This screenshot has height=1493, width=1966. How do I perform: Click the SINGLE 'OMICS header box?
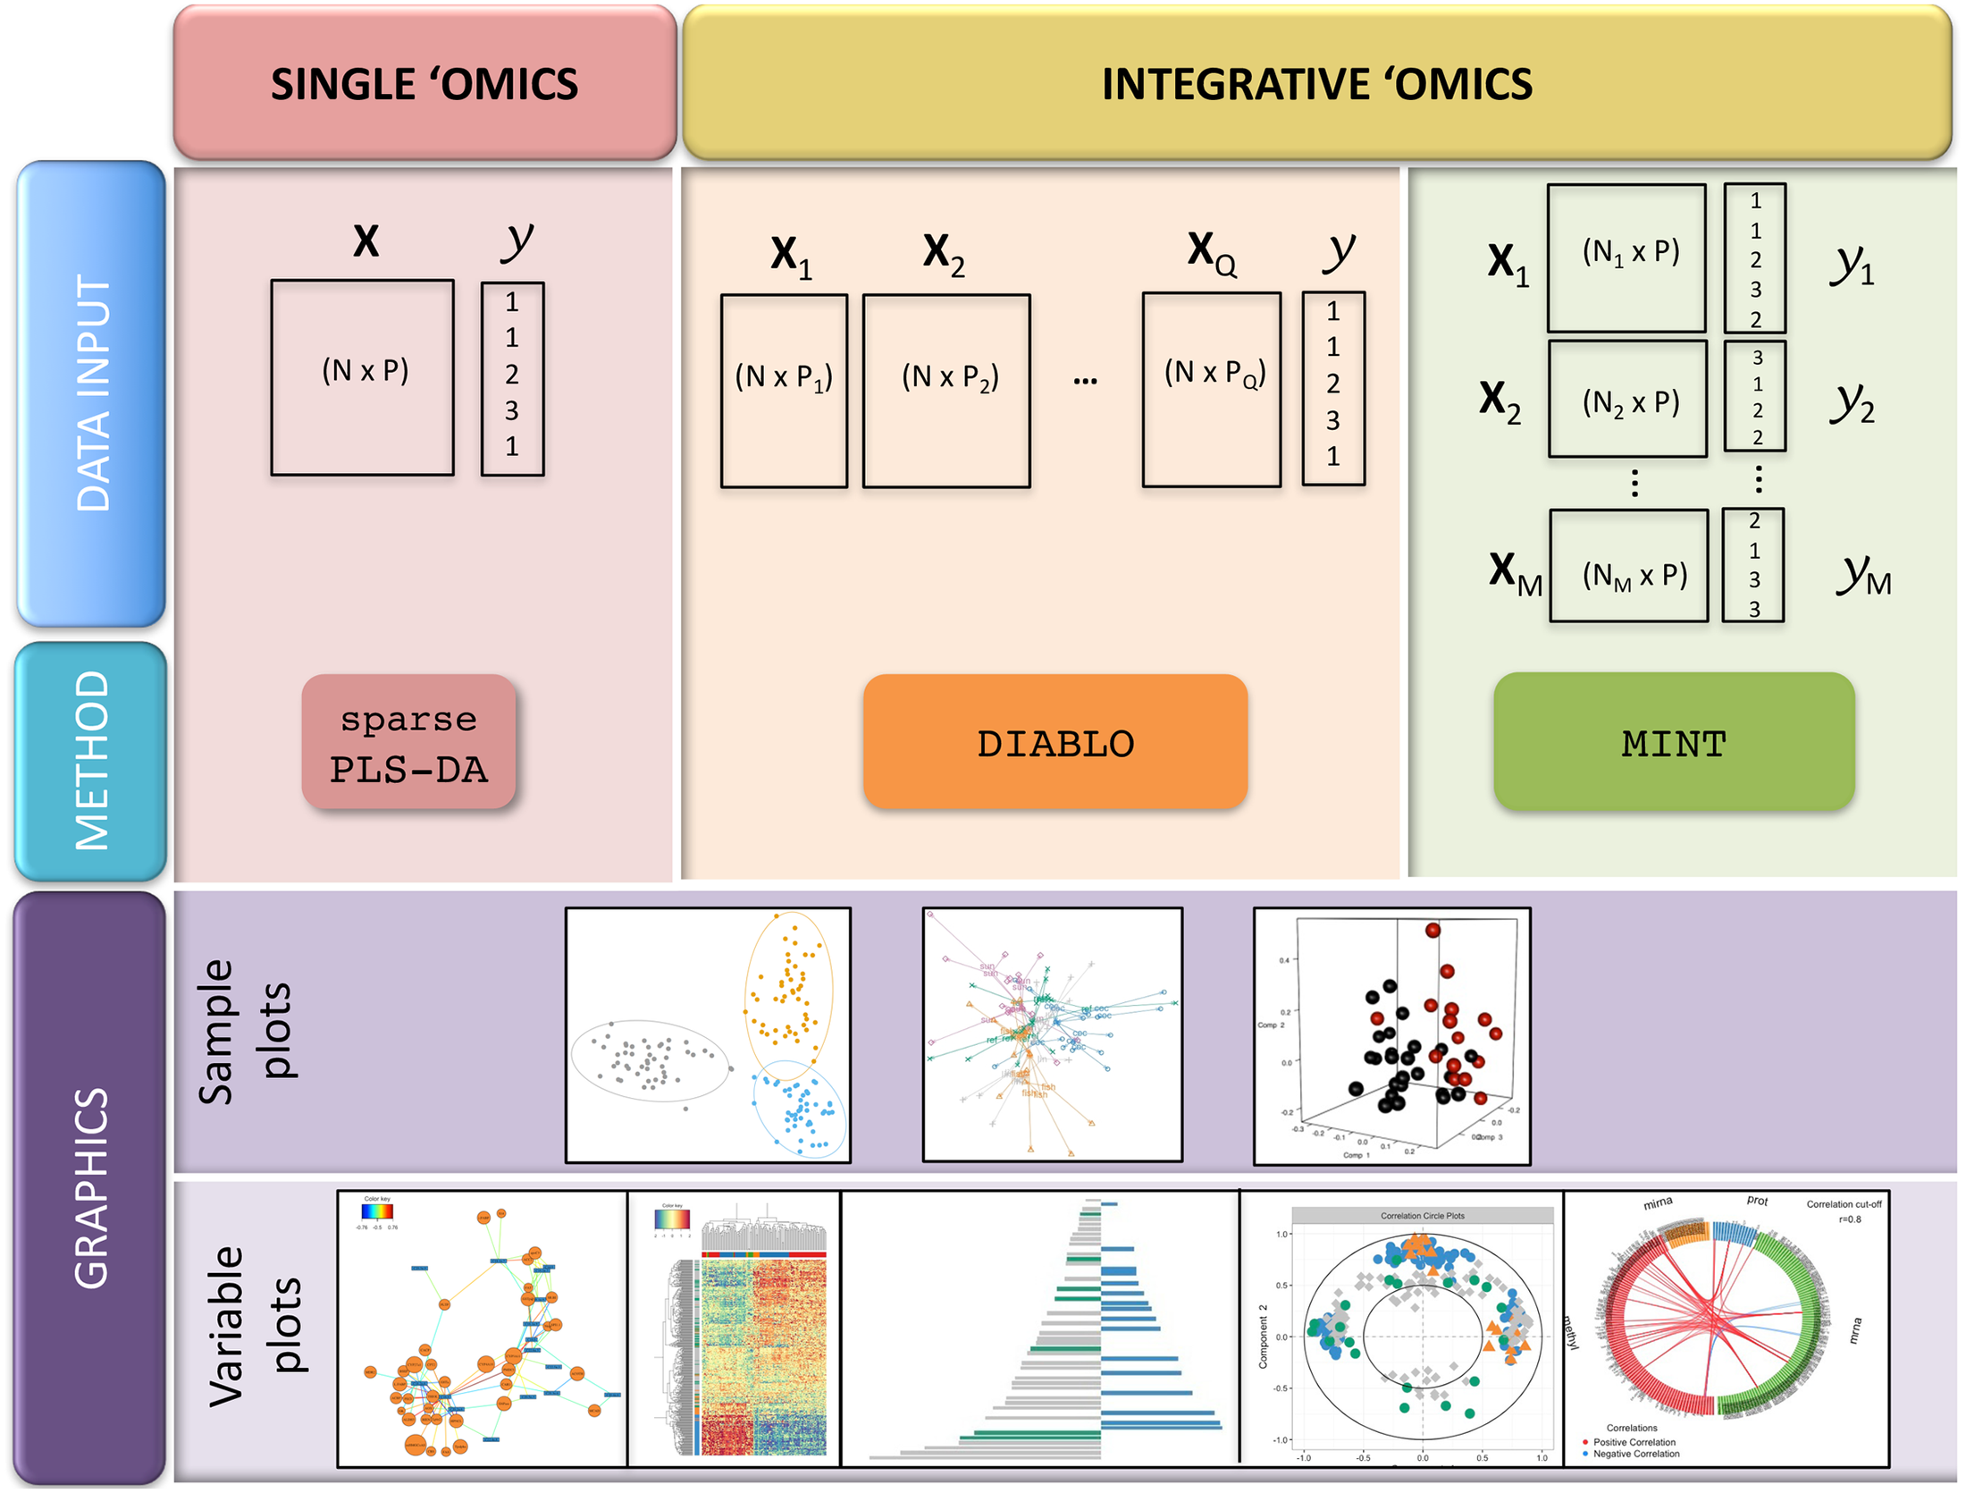(424, 82)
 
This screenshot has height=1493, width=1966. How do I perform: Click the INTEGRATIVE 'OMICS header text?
(1315, 84)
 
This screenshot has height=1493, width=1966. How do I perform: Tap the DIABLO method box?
(1054, 742)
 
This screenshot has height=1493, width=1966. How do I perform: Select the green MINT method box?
(1673, 742)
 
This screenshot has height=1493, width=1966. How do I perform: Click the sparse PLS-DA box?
(408, 742)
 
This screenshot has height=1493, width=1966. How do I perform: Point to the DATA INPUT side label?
(91, 393)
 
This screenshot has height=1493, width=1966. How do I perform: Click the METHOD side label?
(91, 761)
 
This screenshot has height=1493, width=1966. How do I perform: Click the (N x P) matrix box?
(363, 377)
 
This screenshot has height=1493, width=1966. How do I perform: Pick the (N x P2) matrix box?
(945, 391)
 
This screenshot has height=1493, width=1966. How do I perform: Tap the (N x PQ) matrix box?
(1211, 389)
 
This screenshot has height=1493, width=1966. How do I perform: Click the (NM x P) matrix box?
(1628, 566)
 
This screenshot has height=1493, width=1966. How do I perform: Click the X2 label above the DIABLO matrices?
(943, 254)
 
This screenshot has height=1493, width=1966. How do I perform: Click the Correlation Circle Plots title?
(1422, 1216)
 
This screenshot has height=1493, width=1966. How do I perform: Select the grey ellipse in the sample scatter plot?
(651, 1060)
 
